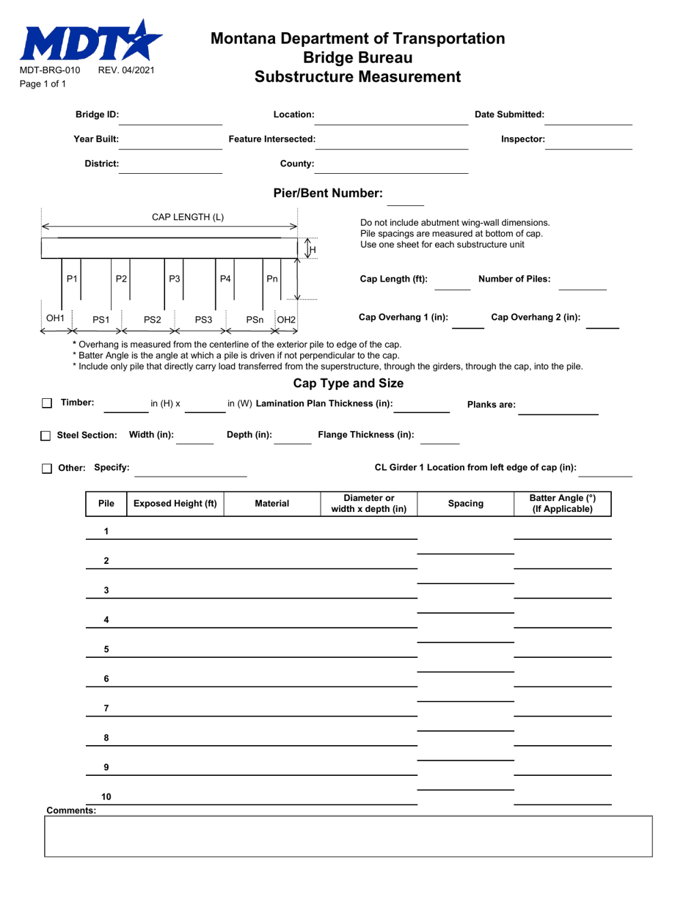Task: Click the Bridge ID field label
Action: [97, 114]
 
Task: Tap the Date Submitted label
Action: [509, 114]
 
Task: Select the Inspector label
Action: [522, 139]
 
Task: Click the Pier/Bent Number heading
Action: [327, 194]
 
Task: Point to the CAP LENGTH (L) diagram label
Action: [188, 217]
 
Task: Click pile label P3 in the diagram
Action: [175, 278]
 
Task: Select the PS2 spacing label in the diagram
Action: [152, 318]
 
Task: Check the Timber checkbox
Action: [47, 403]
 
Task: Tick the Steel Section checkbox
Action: [47, 436]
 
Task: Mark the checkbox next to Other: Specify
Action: [47, 468]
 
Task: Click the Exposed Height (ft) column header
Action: [175, 504]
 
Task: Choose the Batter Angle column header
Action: [562, 504]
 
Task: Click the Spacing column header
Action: [466, 504]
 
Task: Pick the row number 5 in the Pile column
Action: [106, 649]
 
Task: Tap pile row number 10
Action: [106, 796]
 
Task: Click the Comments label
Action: [70, 811]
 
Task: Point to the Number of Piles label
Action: [514, 279]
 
